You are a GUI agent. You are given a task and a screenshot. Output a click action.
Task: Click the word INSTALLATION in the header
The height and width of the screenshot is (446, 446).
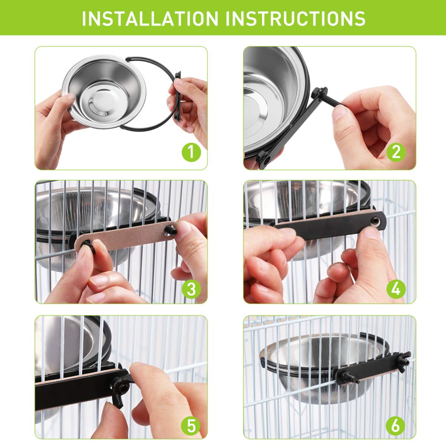click(x=150, y=18)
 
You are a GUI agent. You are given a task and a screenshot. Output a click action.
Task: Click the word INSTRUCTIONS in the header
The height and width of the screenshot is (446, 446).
click(x=295, y=18)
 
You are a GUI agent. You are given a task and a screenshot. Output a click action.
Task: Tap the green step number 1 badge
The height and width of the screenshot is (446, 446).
click(x=191, y=152)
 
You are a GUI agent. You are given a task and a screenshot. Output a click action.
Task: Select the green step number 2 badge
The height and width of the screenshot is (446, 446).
click(x=396, y=152)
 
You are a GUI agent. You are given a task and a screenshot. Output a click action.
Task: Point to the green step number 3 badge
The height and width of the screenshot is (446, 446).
click(x=191, y=289)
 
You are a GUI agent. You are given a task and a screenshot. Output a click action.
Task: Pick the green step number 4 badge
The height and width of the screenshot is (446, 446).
click(x=396, y=289)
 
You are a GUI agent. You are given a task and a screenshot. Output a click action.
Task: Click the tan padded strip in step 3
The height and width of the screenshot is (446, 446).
click(x=125, y=237)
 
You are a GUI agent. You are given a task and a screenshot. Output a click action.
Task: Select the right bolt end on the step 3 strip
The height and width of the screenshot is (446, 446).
click(x=171, y=231)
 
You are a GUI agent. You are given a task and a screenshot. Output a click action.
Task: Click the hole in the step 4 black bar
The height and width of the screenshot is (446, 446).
click(x=375, y=221)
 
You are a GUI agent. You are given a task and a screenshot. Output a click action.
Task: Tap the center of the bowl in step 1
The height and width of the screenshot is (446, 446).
click(x=102, y=101)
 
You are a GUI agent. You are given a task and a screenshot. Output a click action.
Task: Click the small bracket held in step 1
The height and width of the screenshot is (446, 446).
click(x=178, y=96)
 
